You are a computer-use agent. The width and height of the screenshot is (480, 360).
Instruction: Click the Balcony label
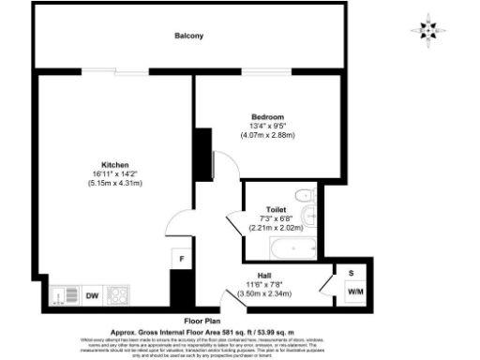tap(188, 36)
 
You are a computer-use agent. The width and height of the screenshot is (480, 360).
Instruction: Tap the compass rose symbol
tap(427, 29)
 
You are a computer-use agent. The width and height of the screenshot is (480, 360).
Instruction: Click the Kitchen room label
tap(115, 163)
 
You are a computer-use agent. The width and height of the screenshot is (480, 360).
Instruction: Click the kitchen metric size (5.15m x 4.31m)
tap(115, 183)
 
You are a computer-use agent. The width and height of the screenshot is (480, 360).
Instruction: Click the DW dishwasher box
tap(92, 295)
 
